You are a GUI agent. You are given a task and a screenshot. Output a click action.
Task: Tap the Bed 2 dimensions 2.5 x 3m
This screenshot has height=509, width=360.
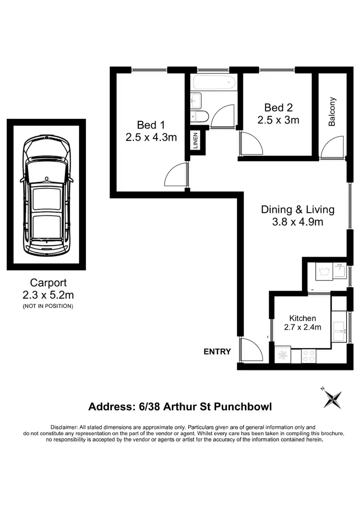pyautogui.click(x=278, y=120)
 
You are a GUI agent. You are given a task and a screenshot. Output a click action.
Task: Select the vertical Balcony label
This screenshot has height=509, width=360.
pyautogui.click(x=332, y=112)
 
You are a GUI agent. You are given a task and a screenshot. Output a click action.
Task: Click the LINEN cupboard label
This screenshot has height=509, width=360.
pyautogui.click(x=196, y=140)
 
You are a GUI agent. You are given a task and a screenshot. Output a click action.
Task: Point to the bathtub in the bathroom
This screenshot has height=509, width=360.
pyautogui.click(x=213, y=82)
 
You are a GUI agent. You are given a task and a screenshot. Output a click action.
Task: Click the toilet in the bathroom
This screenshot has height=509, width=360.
pyautogui.click(x=200, y=116)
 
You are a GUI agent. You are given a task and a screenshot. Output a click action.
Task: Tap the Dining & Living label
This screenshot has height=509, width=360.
pyautogui.click(x=298, y=209)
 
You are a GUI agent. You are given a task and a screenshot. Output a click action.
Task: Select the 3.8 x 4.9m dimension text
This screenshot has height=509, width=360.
pyautogui.click(x=298, y=222)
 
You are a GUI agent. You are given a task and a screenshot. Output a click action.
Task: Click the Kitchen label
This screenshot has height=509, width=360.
pyautogui.click(x=302, y=318)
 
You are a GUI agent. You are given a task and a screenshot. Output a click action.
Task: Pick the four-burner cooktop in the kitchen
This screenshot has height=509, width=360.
pyautogui.click(x=309, y=355)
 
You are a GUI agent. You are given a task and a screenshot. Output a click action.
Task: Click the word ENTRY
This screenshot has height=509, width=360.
pyautogui.click(x=217, y=352)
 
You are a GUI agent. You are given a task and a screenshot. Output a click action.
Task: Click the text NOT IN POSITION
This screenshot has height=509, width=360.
pyautogui.click(x=48, y=306)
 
